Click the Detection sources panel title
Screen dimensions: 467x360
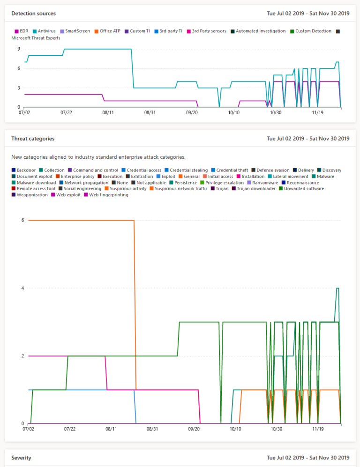[33, 14]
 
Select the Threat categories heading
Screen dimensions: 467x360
[33, 139]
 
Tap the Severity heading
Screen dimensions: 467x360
[21, 457]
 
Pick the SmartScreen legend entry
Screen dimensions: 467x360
[75, 31]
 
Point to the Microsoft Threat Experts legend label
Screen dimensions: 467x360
[36, 38]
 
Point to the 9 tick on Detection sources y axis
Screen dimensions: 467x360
[18, 49]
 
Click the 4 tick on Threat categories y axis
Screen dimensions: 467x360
[22, 288]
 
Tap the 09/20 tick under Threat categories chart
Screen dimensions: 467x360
[194, 429]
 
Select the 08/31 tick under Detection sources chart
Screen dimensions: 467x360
[150, 112]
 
